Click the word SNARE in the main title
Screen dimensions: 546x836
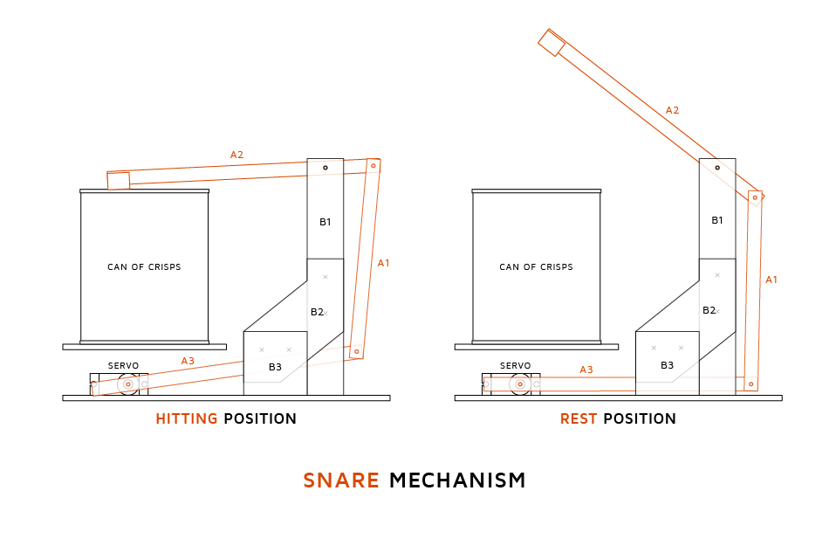coord(340,480)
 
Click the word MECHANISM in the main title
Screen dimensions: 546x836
coord(457,480)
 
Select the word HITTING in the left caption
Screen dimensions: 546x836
coord(186,419)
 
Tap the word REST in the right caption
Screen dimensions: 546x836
coord(578,419)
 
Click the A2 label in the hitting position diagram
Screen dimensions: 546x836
coord(236,155)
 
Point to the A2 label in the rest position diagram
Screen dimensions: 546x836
coord(672,110)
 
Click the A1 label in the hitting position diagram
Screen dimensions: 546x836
coord(383,262)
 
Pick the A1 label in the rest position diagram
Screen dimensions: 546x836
coord(771,280)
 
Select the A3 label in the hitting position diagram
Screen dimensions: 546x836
coord(188,361)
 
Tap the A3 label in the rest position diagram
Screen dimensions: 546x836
coord(586,370)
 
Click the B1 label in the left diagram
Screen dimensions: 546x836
coord(325,222)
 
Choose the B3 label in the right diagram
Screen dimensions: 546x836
coord(667,365)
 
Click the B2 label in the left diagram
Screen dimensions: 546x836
coord(317,311)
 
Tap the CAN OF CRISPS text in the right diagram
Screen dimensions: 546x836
coord(536,266)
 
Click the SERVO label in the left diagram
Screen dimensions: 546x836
coord(123,365)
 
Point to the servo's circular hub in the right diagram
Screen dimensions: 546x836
coord(520,384)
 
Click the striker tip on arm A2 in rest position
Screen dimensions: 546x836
coord(552,43)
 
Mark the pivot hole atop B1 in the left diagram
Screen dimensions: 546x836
coord(325,167)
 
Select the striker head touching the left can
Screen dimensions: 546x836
coord(118,181)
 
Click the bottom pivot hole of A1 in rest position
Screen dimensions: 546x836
coord(750,384)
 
